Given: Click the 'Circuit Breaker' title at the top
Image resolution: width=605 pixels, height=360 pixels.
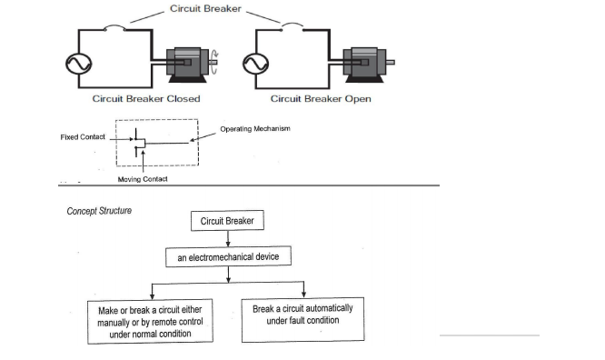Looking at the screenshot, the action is point(205,8).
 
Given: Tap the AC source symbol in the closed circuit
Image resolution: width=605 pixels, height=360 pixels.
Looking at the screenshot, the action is point(79,64).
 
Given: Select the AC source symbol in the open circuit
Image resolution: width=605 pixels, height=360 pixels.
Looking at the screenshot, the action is point(256,64).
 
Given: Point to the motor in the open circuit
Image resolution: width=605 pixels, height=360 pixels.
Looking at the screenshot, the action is point(369,65).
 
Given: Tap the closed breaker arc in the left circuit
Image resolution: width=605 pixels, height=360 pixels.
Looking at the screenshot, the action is point(114,26).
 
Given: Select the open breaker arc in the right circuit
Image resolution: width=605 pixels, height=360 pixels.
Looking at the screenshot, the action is point(293,25).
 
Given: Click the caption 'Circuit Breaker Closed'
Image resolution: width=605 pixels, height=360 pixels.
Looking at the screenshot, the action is point(146,99).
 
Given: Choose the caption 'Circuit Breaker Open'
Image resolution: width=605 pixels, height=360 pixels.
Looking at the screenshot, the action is point(321,99).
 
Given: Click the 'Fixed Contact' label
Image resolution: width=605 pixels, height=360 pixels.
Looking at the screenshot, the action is point(83,137).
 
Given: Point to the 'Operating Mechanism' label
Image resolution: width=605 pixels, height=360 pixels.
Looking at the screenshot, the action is point(255,128).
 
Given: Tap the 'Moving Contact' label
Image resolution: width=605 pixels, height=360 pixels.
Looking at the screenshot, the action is point(143,179).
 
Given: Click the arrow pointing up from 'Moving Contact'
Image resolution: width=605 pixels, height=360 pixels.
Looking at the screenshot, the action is point(144,162).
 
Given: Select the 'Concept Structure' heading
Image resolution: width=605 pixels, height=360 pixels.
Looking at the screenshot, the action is point(99,211).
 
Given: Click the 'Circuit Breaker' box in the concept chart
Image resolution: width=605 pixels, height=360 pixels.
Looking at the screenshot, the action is point(227,221).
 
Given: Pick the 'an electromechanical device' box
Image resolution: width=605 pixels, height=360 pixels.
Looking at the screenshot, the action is point(228,256).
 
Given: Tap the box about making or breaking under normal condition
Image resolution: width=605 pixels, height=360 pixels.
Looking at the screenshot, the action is point(150,322).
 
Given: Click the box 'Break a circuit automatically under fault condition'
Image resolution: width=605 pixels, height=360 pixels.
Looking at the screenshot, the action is point(302,319).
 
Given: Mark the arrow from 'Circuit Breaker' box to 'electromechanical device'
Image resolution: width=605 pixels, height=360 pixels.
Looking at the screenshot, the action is point(228,239).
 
